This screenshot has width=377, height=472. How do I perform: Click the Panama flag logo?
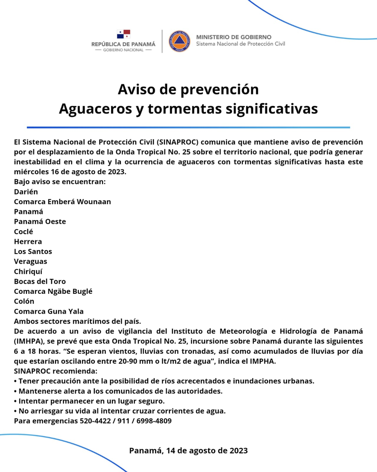pos(123,34)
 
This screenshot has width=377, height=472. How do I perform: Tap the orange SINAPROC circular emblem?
pos(179,41)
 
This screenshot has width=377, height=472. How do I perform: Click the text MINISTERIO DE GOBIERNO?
pos(234,37)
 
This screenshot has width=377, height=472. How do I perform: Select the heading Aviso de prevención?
pos(188,90)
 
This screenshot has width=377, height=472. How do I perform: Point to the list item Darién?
pos(26,192)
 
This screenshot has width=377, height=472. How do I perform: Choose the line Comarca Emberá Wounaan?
pos(62,202)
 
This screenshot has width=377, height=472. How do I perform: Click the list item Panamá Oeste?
pos(40,221)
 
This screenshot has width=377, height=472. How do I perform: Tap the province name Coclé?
pos(23,232)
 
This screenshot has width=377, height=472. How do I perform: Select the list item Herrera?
pos(28,242)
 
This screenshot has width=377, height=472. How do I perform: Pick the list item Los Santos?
pos(33,251)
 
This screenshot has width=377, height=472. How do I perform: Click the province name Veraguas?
pos(30,262)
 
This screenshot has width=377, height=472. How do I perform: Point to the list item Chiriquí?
pos(28,271)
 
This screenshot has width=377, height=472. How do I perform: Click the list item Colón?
pos(24,301)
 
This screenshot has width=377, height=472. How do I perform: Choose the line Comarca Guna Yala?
pos(49,311)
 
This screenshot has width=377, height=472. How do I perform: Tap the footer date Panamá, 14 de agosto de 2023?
pos(188,451)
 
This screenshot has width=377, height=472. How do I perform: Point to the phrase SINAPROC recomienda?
pos(55,371)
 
